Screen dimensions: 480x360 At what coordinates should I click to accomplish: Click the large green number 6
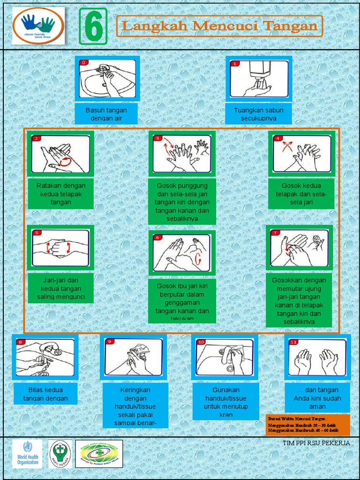coord(93,27)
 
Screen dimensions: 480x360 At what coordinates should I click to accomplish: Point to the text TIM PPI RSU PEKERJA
coord(316,443)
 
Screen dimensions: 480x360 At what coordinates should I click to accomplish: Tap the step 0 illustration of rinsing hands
coord(107,78)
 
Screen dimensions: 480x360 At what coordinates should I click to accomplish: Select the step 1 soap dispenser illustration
coord(259,78)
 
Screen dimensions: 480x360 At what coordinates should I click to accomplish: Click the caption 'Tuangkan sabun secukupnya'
coord(259,114)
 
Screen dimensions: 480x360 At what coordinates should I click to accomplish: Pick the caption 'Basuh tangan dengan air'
coord(106,114)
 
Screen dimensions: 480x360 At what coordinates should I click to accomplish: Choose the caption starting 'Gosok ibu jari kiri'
coord(182,302)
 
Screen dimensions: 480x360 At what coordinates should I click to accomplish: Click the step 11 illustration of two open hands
coord(317,357)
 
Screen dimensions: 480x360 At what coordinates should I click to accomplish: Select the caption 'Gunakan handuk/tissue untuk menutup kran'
coord(225,402)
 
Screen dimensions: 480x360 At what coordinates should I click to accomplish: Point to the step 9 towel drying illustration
coord(133,357)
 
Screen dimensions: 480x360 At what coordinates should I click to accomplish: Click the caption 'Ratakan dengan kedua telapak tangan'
coord(61,194)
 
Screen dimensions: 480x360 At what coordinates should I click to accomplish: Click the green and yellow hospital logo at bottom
coord(99,453)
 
